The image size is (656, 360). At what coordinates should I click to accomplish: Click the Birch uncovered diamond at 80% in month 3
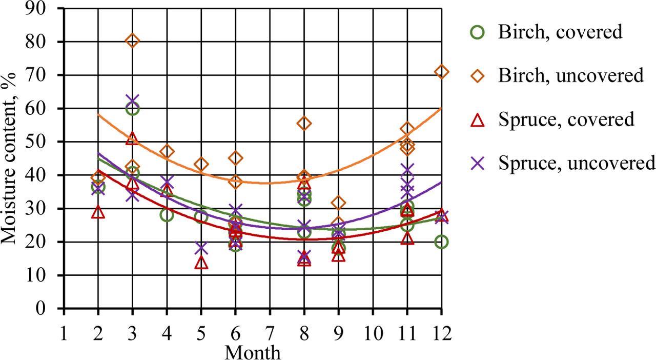coord(133,41)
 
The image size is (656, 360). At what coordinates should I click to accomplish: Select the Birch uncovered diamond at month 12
coord(441,72)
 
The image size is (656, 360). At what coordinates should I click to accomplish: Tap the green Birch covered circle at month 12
coord(441,242)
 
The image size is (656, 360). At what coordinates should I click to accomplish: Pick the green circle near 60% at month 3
coord(133,108)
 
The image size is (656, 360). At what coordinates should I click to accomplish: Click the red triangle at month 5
coord(201,263)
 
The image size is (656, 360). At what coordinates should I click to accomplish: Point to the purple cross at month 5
coord(201,248)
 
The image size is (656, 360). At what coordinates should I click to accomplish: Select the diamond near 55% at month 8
coord(304,124)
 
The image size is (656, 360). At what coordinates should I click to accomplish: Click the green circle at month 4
coord(167,215)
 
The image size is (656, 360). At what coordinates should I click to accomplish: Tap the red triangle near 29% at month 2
coord(98,212)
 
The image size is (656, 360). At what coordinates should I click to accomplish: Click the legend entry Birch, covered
coord(560,32)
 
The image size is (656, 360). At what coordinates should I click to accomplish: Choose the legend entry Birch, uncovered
coord(570,76)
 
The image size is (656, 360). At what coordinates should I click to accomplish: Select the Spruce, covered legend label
coord(566,119)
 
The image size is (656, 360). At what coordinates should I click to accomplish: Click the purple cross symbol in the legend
coord(478,163)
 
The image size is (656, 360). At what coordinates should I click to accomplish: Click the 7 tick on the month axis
coord(270,334)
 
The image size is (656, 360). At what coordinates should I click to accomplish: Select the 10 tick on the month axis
coord(373,334)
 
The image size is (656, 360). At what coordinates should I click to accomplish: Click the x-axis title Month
coord(253,352)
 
